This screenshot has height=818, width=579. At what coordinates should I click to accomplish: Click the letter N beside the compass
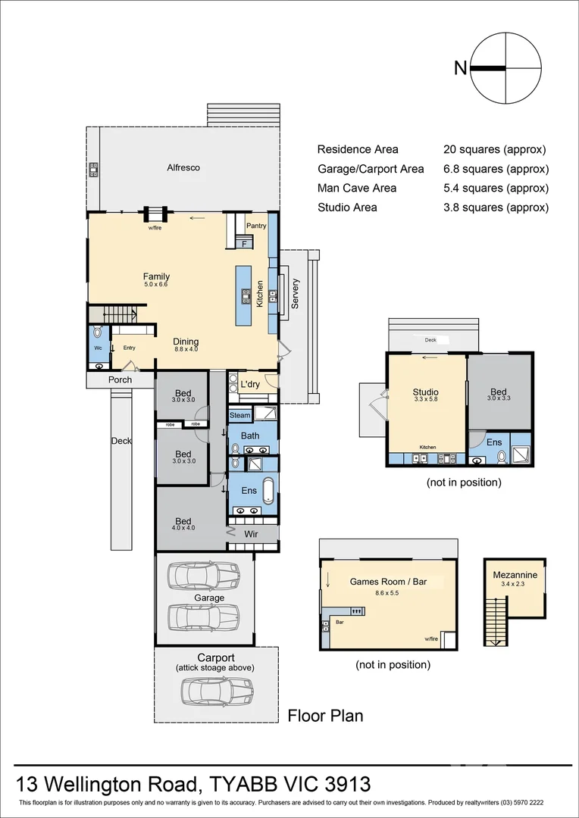click(460, 68)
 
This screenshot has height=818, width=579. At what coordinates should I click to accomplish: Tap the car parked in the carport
click(217, 690)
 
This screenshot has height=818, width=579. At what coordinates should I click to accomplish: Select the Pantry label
click(256, 226)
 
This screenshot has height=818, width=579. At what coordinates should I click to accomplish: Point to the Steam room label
click(239, 416)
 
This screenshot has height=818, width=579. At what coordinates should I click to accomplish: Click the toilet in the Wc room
click(97, 333)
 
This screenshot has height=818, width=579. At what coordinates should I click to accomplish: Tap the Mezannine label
click(515, 575)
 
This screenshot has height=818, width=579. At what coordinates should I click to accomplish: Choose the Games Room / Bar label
click(388, 582)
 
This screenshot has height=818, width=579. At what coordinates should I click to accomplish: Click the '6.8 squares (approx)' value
click(496, 169)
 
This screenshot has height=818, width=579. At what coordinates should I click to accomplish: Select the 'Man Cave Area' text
click(356, 188)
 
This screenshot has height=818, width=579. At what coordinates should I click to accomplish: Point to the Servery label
click(296, 294)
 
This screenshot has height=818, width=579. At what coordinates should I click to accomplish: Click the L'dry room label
click(250, 385)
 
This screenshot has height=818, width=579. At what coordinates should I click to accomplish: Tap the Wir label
click(250, 534)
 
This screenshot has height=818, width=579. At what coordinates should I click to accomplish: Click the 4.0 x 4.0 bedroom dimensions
click(183, 528)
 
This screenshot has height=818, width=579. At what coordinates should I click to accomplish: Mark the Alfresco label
click(183, 167)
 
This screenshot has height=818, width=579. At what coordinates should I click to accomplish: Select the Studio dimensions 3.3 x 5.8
click(425, 400)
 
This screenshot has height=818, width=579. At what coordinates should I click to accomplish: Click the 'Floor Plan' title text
click(325, 716)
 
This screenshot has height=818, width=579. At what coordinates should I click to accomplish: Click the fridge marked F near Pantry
click(245, 243)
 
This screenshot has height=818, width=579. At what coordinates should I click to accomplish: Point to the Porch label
click(120, 379)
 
